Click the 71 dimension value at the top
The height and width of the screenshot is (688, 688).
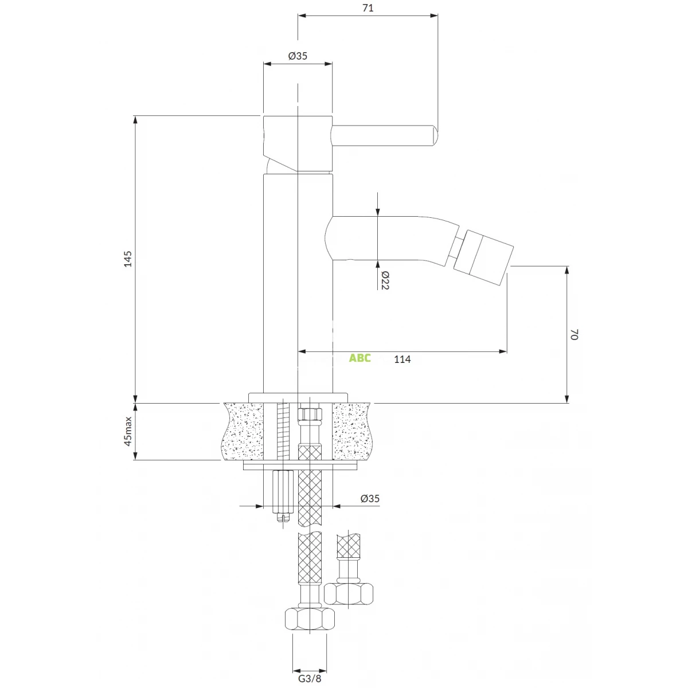[368, 8]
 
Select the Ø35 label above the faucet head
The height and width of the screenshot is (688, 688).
[298, 56]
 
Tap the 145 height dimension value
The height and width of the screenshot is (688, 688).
[127, 259]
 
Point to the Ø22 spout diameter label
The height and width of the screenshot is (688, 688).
[385, 280]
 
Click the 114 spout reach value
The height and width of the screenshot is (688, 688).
[402, 359]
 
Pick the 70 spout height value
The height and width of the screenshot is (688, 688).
[574, 334]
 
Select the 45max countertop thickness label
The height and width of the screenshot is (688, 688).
[128, 431]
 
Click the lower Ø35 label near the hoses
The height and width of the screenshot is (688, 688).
[370, 498]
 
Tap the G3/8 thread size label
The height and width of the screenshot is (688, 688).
[310, 679]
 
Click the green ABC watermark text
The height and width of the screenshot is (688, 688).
[360, 358]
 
